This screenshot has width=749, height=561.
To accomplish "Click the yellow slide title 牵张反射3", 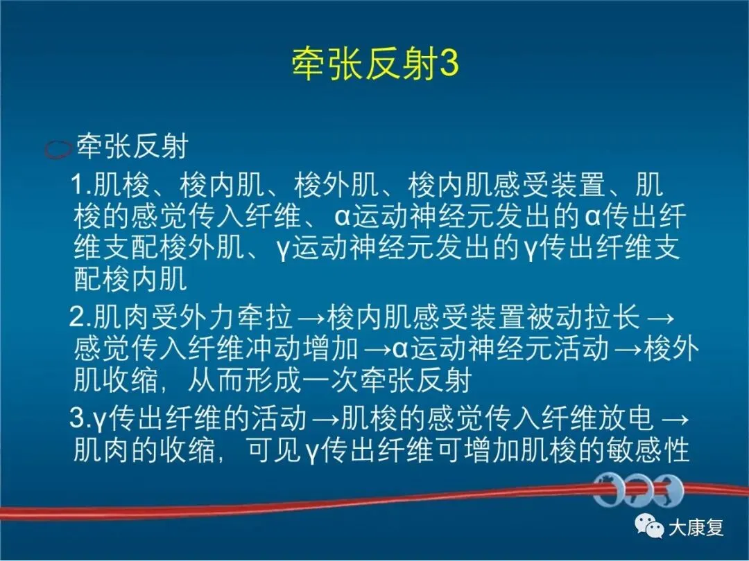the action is [x=375, y=64].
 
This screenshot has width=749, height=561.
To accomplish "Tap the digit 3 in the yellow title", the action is [x=449, y=64].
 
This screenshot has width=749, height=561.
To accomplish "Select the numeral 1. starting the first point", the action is [x=81, y=185].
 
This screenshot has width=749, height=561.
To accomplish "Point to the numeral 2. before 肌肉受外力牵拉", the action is [x=80, y=317].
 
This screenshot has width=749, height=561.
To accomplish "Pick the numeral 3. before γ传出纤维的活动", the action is [x=80, y=418].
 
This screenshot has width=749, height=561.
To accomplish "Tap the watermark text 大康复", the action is [x=696, y=528].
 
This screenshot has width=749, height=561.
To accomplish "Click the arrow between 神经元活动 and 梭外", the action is [x=627, y=350].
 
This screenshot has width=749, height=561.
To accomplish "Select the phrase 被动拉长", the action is [x=583, y=317].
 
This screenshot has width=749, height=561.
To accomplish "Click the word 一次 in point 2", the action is [x=331, y=381].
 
